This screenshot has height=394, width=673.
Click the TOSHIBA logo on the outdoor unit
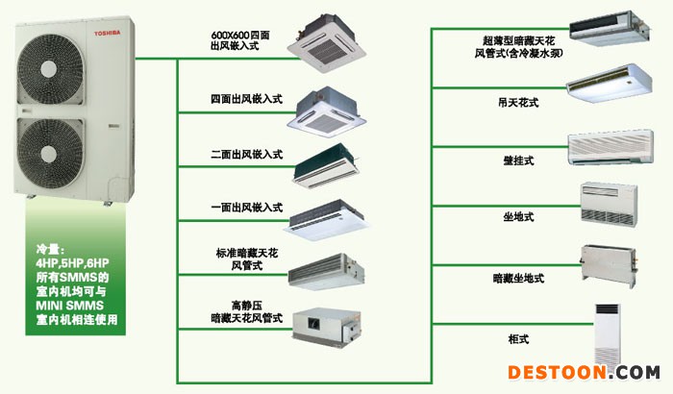click(x=108, y=33)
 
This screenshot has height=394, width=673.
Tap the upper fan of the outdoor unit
click(x=50, y=68)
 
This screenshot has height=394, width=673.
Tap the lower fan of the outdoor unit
click(x=50, y=153)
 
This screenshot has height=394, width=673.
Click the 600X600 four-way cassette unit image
click(x=326, y=43)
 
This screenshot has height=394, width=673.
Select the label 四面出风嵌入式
click(x=246, y=99)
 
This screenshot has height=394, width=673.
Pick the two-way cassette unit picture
click(x=326, y=166)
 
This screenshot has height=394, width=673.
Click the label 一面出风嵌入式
click(x=246, y=208)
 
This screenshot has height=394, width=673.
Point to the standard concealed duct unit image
click(x=326, y=271)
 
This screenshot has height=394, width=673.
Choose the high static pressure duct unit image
click(x=327, y=326)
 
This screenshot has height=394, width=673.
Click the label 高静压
click(x=247, y=306)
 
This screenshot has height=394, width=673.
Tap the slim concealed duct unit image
click(x=609, y=29)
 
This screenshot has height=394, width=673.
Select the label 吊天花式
click(x=518, y=103)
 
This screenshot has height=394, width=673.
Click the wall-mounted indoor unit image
click(x=611, y=147)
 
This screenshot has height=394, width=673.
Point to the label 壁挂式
click(x=518, y=160)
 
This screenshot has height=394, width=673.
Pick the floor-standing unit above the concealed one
click(x=609, y=204)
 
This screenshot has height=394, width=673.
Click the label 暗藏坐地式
click(x=518, y=279)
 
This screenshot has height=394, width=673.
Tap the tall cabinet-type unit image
click(x=608, y=335)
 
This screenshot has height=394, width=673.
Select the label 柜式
click(x=518, y=339)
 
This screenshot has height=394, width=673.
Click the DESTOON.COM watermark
click(x=584, y=373)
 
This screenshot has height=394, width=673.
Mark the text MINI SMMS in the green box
click(x=70, y=306)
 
